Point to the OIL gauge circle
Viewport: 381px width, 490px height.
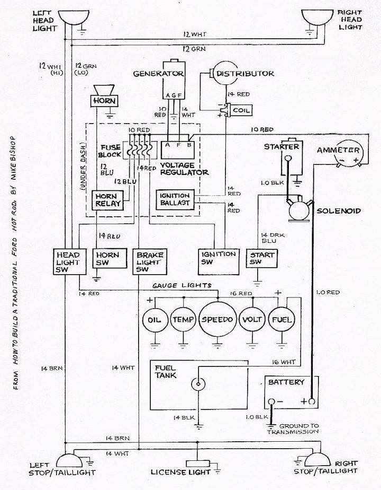(x=153, y=320)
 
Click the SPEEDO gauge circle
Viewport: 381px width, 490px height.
(x=217, y=320)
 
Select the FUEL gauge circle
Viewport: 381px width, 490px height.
(x=282, y=320)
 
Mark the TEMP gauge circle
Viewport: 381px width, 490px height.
(x=183, y=320)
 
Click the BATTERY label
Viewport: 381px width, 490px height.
(x=286, y=382)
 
